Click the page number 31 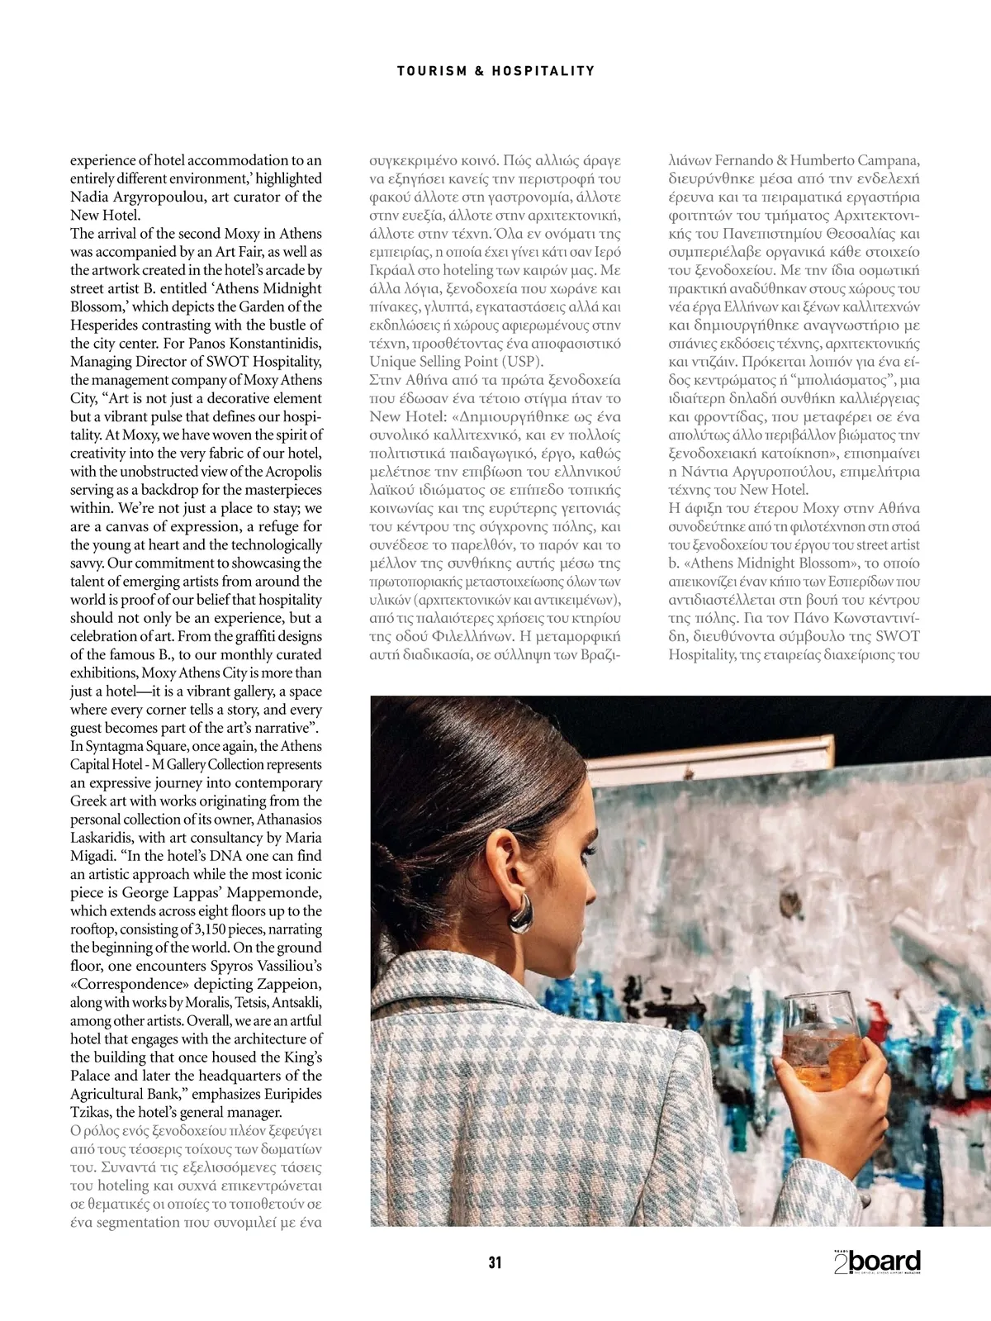(x=495, y=1262)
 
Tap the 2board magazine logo (x=876, y=1262)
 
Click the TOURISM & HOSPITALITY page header (x=495, y=71)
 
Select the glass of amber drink (x=818, y=1036)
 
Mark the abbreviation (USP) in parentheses (x=520, y=362)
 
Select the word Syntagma (x=116, y=746)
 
